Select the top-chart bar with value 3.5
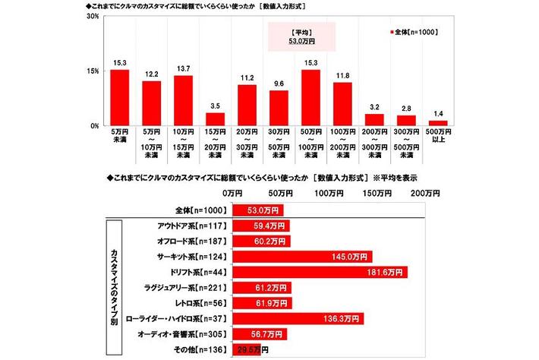216,119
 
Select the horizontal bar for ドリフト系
318,272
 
